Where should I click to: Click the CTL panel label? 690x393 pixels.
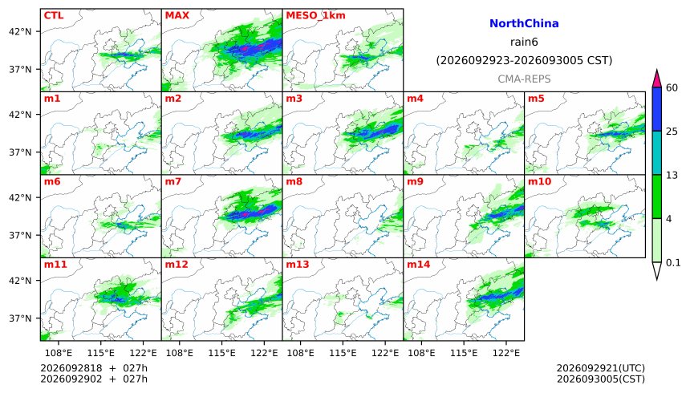[54, 15]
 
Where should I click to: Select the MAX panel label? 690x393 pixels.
[177, 15]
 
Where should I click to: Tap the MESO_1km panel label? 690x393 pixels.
[315, 16]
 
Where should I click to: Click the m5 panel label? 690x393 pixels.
[536, 99]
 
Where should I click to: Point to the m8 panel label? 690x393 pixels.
[294, 181]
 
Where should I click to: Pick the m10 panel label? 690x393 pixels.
[539, 181]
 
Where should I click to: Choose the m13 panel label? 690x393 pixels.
[298, 265]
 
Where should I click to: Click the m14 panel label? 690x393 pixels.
[419, 265]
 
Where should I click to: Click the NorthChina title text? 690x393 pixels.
[524, 24]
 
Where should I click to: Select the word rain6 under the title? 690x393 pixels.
[524, 43]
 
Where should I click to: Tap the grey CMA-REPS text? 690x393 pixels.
[524, 79]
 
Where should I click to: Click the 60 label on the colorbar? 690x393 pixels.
[672, 88]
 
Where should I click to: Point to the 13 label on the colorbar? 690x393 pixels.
[672, 176]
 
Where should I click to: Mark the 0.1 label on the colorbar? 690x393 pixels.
[673, 263]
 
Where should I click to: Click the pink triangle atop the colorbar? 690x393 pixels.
[657, 79]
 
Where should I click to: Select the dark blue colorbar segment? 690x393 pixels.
[657, 109]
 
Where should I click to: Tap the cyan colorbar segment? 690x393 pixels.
[657, 152]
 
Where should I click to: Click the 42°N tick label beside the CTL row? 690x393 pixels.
[20, 32]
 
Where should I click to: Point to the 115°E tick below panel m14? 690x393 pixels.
[464, 353]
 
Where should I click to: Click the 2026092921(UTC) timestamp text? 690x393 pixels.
[601, 368]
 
